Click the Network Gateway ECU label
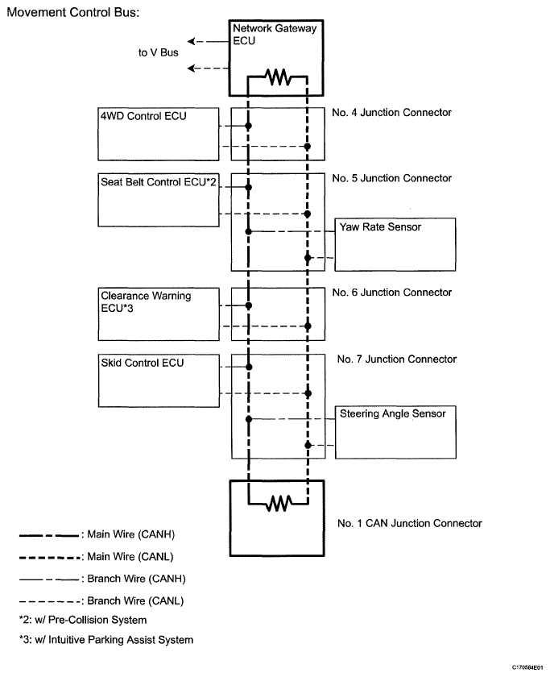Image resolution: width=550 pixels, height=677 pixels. click(x=275, y=35)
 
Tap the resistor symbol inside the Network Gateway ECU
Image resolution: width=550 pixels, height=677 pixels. click(x=279, y=77)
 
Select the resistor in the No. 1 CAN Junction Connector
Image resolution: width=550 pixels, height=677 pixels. click(x=279, y=503)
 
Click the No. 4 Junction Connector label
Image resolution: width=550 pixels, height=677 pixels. click(x=391, y=113)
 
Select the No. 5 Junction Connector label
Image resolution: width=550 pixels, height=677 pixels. click(x=391, y=178)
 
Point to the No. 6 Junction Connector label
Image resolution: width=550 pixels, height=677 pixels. click(x=391, y=293)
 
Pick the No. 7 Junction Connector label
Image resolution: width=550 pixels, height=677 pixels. click(x=397, y=359)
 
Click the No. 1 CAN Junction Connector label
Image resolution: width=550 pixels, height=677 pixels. click(x=410, y=523)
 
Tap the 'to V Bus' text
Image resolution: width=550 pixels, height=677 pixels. click(x=159, y=52)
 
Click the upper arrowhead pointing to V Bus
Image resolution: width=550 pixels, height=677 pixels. click(x=191, y=41)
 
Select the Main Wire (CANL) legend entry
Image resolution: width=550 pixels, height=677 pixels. click(x=96, y=557)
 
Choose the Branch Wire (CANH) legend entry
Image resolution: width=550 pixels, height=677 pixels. click(x=102, y=579)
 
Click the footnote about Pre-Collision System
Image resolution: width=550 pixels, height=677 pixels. click(x=83, y=620)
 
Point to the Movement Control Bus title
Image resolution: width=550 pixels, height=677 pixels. click(x=73, y=12)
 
